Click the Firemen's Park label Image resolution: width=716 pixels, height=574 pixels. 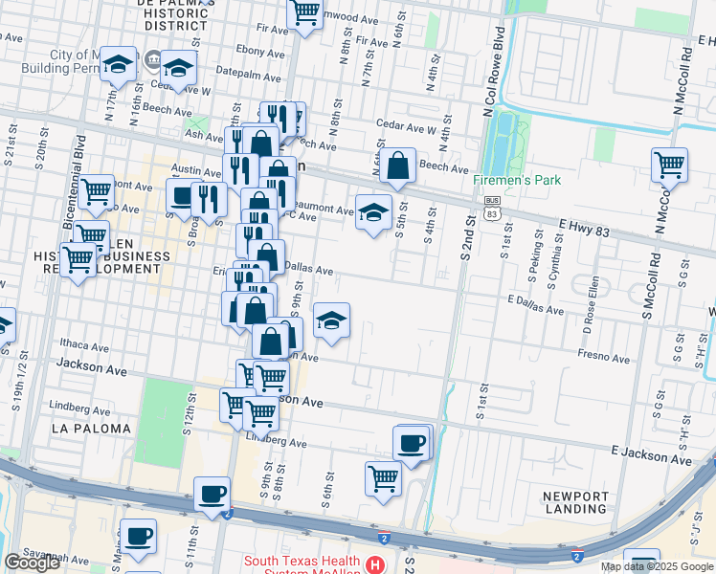coord(517,180)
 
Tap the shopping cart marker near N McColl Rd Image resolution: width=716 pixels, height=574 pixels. coord(669,164)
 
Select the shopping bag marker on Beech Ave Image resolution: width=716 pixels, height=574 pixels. coord(397,166)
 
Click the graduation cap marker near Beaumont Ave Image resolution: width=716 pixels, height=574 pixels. coord(373,211)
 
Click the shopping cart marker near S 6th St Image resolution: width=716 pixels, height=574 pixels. coord(383,476)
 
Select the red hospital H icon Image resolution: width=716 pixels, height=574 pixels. coord(377,565)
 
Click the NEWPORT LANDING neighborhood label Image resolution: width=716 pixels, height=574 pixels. coord(575,502)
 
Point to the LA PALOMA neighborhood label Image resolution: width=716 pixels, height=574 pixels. coord(91,429)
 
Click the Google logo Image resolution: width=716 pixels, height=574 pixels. coord(32,563)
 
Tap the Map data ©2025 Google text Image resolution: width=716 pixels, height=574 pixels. coord(657,566)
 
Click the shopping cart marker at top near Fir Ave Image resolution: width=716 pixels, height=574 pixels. coord(304,12)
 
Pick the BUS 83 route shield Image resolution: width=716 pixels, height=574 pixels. coord(492,206)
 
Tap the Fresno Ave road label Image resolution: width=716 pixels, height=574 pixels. coord(603,357)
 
